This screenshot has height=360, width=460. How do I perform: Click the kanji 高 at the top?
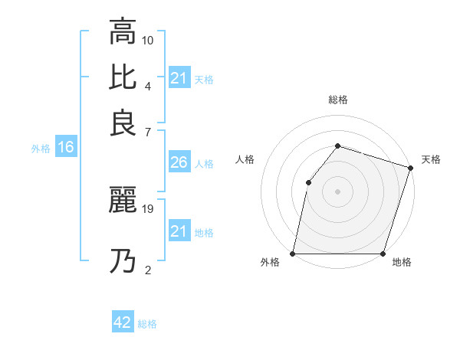pos(123,32)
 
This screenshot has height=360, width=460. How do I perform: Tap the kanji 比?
pos(123,77)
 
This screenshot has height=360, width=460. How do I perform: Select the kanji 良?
pos(123,123)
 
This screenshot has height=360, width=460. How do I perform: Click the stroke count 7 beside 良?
pos(148,133)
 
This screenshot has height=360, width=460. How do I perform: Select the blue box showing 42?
pos(123,322)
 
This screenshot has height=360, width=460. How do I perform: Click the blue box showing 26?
pos(179,162)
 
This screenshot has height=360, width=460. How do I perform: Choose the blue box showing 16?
pos(66,148)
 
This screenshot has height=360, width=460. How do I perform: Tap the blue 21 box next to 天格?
pos(179,78)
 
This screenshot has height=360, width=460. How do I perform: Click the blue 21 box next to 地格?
pos(179,231)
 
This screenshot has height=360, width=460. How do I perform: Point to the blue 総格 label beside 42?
pos(147,324)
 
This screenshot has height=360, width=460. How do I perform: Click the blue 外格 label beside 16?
pos(41,149)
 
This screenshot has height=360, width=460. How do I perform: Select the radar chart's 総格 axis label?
pos(337,100)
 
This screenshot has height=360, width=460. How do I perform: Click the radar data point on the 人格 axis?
pos(308,182)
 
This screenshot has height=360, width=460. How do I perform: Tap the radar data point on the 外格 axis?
pos(293,254)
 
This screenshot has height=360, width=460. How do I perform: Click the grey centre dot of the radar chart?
pos(337,191)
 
